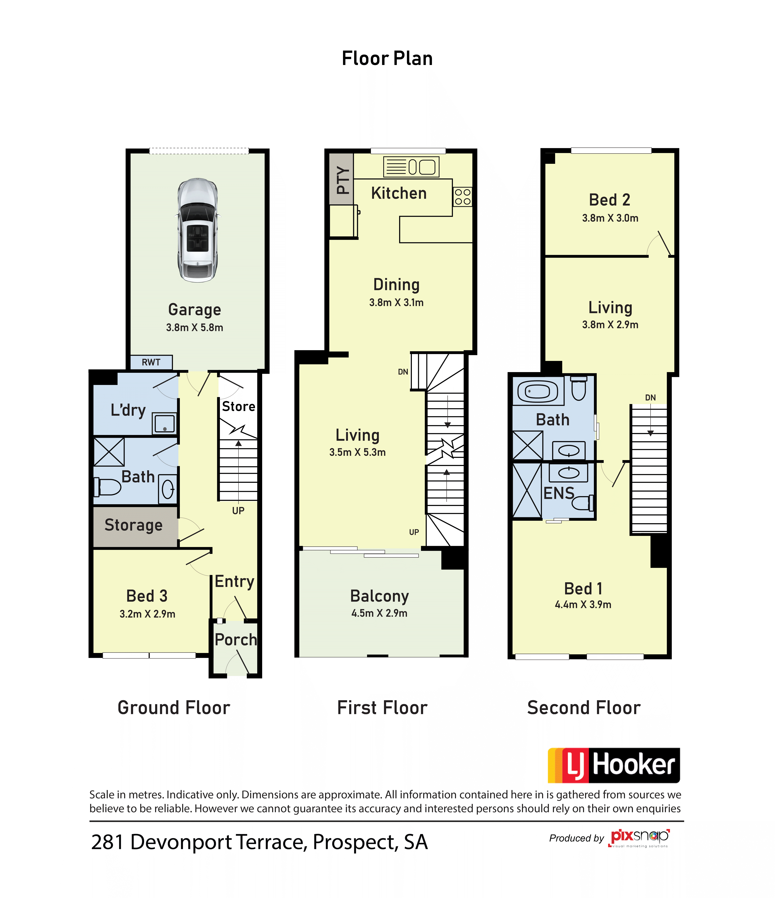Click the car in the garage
(x=198, y=230)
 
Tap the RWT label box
(x=151, y=362)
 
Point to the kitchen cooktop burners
(x=463, y=197)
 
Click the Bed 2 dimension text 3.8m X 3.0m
(x=610, y=218)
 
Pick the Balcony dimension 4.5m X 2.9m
(x=380, y=613)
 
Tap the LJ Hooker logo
(x=614, y=765)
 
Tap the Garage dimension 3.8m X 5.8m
(x=195, y=328)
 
